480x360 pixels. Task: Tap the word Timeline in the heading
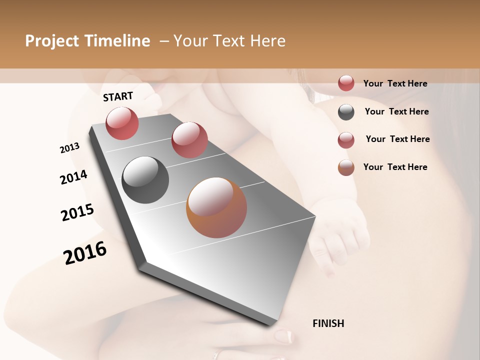click(x=117, y=41)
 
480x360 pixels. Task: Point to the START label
click(x=118, y=96)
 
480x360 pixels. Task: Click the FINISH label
click(x=328, y=323)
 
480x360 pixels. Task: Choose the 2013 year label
click(x=69, y=148)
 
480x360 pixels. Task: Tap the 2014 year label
click(x=73, y=177)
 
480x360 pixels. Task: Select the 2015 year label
click(x=77, y=212)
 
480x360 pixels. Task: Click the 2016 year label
click(x=85, y=253)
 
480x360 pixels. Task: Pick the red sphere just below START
click(x=122, y=123)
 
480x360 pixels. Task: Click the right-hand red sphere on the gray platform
click(x=189, y=140)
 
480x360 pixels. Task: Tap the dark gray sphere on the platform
click(x=145, y=180)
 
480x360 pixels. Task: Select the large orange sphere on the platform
click(x=216, y=207)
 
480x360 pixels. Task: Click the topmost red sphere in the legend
click(x=346, y=83)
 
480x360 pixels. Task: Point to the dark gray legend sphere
click(x=346, y=112)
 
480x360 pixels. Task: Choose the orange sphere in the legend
click(x=346, y=167)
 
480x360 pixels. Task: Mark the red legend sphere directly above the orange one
click(x=346, y=140)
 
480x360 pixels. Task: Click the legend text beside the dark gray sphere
click(x=396, y=111)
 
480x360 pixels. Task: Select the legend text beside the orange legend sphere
click(x=395, y=167)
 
